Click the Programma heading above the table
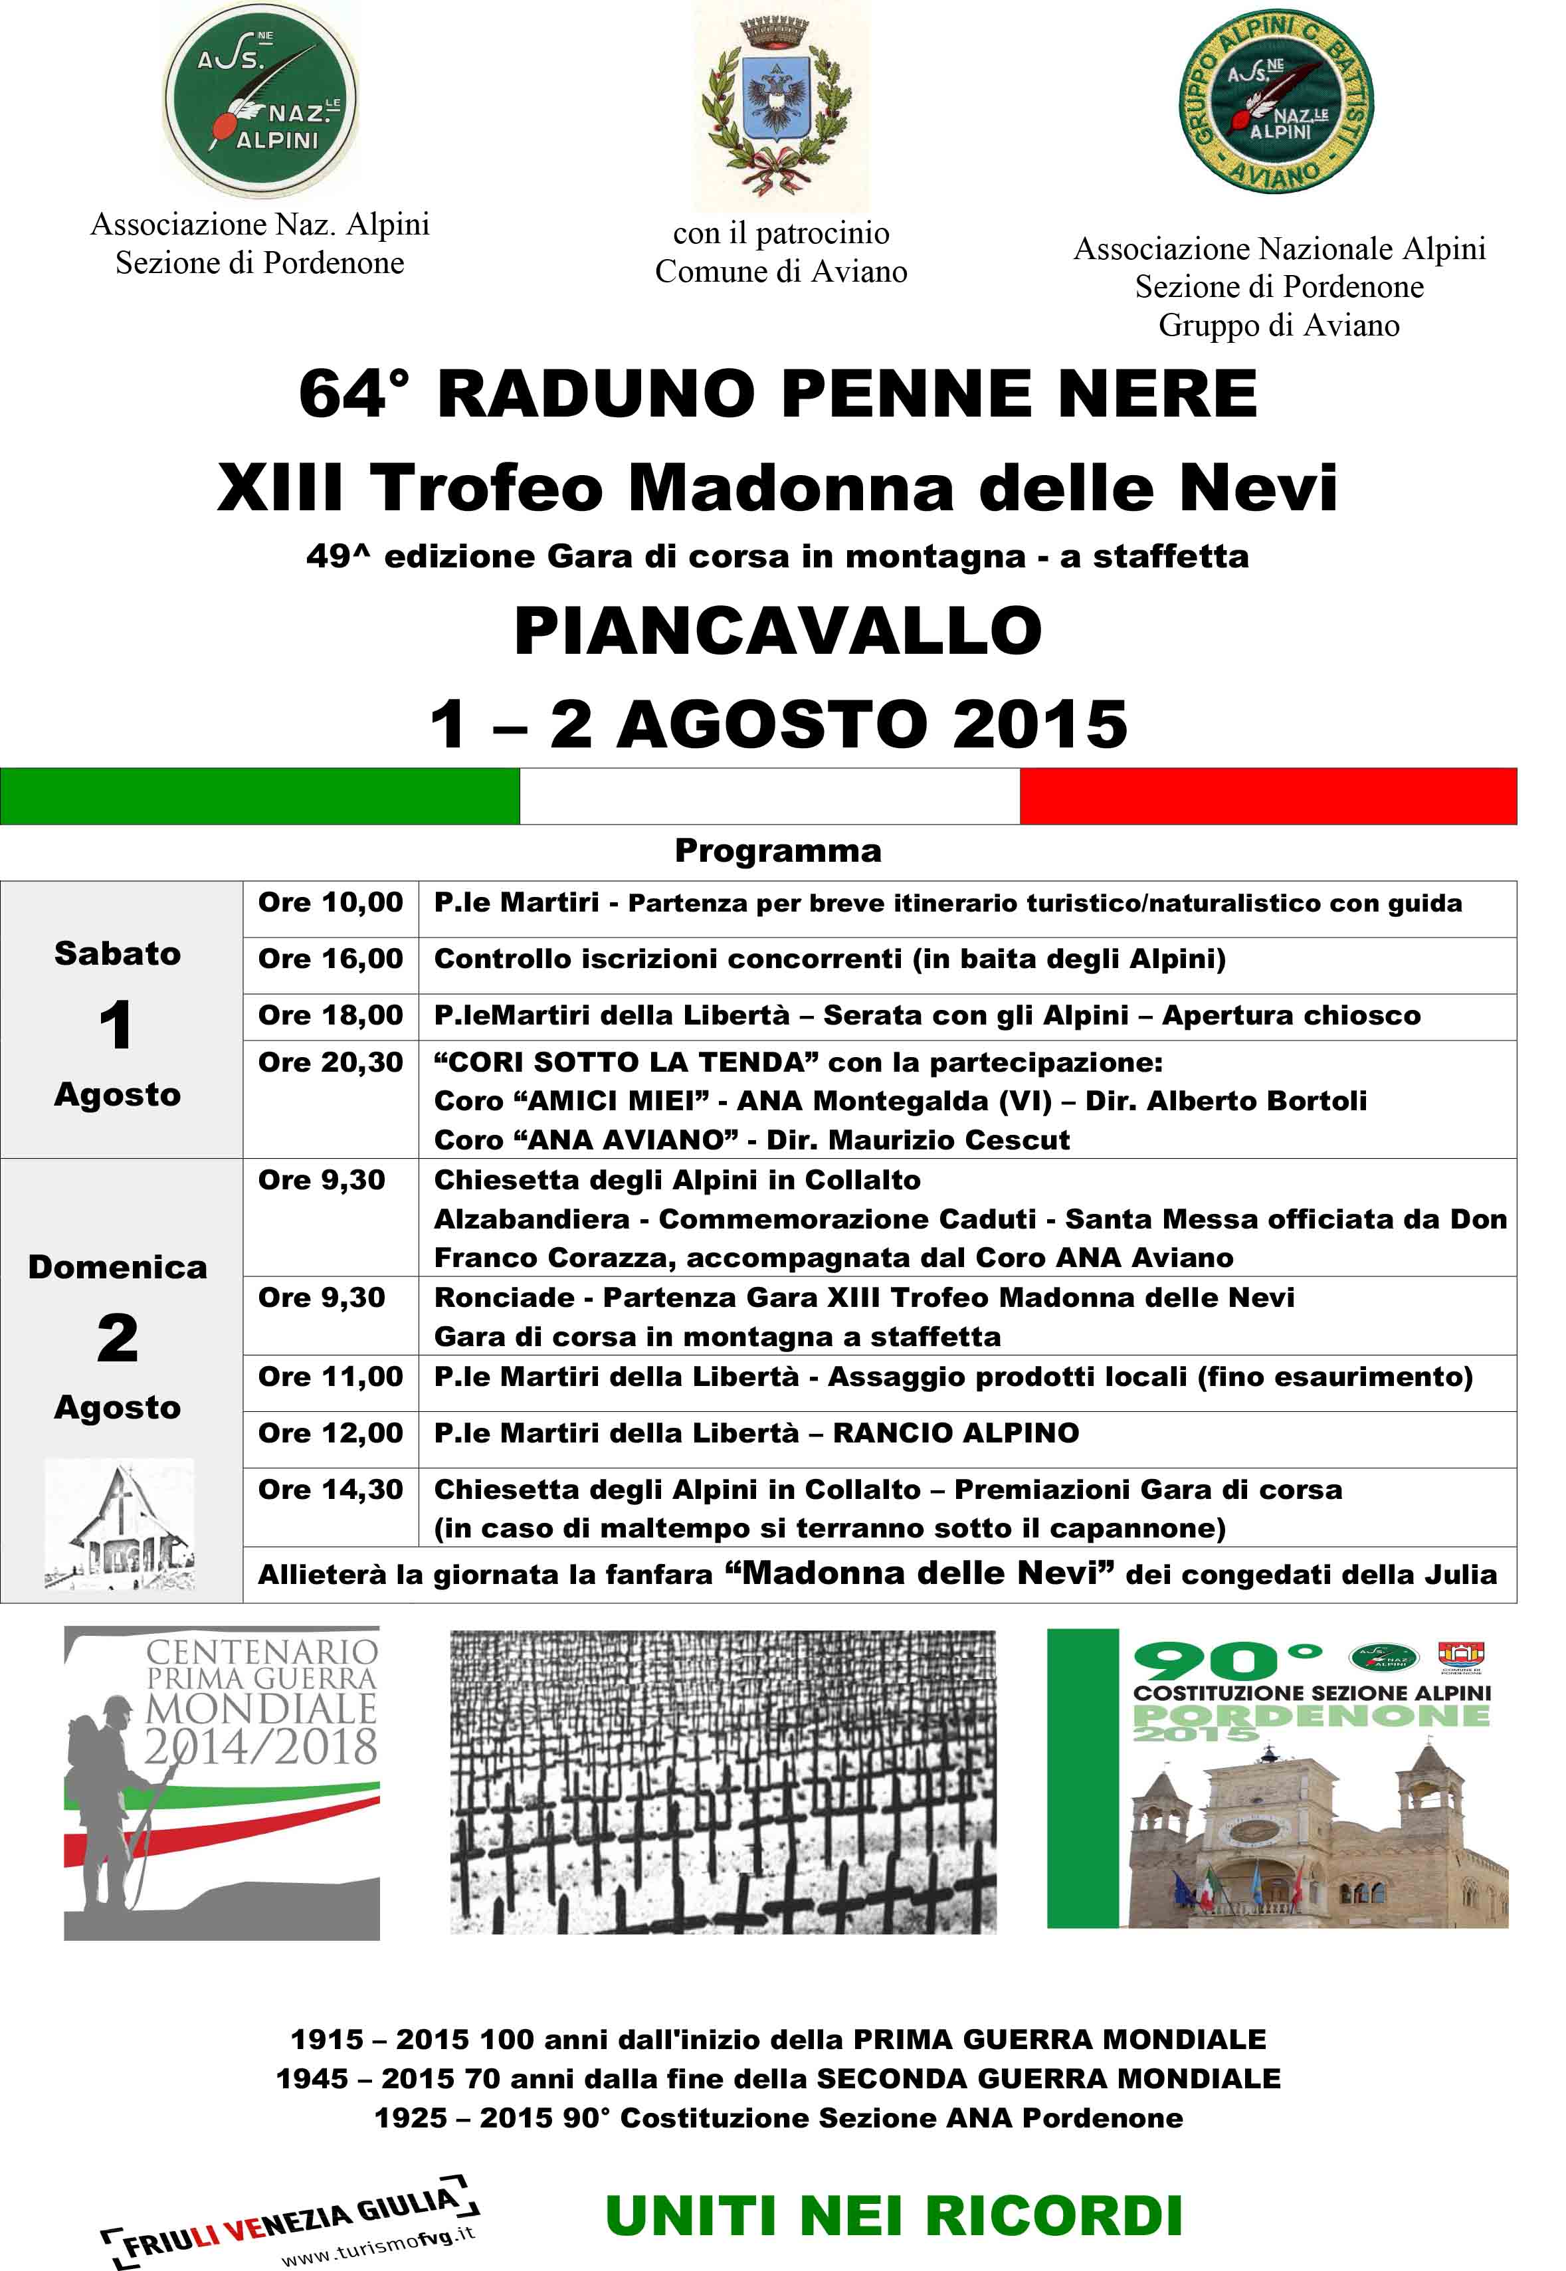pos(777,850)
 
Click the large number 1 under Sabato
pos(117,1025)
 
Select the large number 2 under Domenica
pos(117,1338)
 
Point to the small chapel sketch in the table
pos(119,1524)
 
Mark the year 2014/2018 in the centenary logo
pos(261,1747)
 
